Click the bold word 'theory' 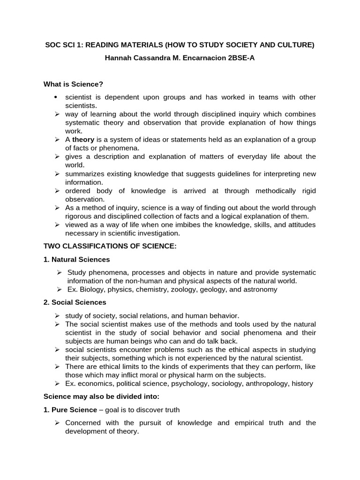(83, 140)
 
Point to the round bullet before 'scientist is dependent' (55, 97)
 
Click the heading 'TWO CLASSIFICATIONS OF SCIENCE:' (110, 246)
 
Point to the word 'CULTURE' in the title (296, 45)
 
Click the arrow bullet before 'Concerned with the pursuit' (57, 423)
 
